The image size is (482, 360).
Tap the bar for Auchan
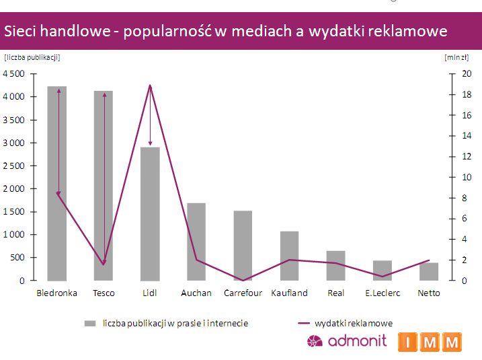196,242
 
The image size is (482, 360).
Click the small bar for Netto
428,272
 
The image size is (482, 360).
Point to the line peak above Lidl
150,85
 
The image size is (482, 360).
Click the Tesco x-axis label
104,293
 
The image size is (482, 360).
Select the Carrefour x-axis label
243,293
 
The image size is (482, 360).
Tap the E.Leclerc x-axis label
382,293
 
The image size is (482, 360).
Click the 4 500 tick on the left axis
14,74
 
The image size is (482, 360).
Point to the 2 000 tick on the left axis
14,188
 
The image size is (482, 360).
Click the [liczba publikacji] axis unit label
32,57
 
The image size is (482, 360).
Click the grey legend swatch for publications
91,324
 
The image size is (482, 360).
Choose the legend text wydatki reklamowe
354,324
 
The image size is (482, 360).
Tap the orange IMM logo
430,342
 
